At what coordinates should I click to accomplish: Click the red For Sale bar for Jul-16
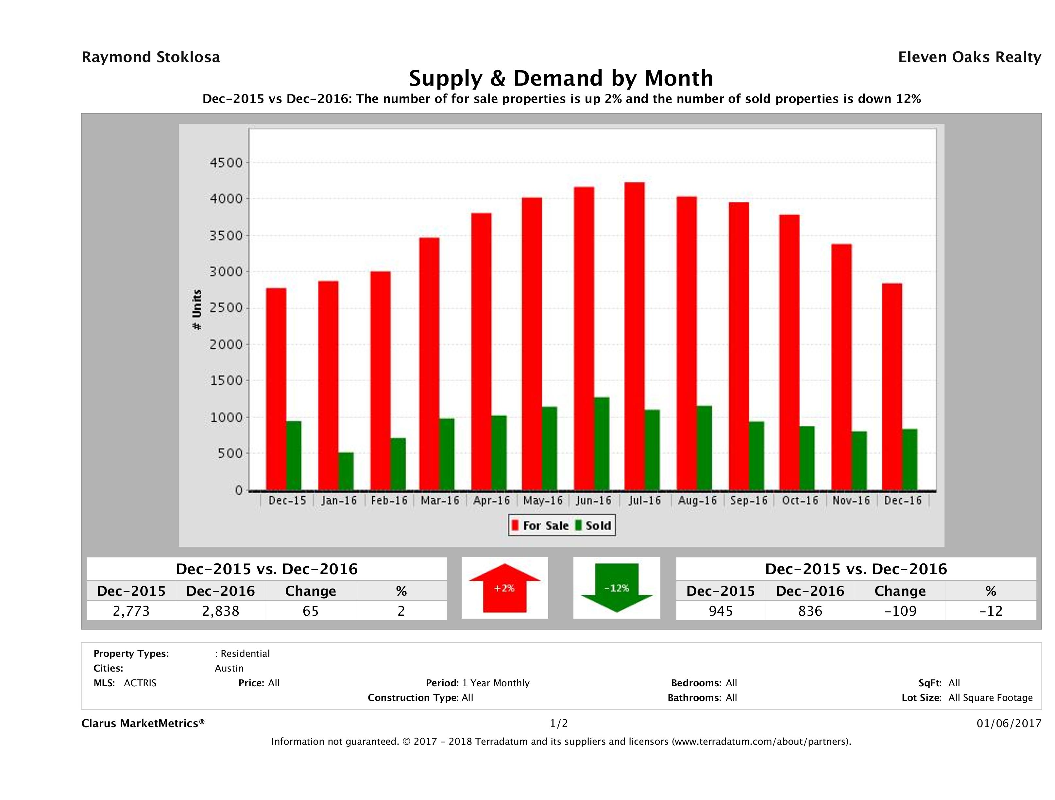click(634, 336)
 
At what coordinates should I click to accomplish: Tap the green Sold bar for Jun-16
click(602, 443)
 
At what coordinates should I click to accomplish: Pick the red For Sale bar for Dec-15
click(276, 389)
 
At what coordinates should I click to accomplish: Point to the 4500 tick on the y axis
click(227, 162)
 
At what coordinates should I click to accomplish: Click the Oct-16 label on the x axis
click(800, 501)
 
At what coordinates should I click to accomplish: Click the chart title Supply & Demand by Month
click(561, 78)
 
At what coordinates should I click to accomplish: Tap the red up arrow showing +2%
click(504, 588)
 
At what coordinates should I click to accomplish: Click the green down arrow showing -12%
click(617, 588)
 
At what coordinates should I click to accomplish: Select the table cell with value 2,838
click(220, 611)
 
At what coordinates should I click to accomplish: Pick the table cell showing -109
click(900, 611)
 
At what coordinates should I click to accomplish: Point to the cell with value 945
click(720, 611)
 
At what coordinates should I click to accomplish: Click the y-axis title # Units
click(196, 310)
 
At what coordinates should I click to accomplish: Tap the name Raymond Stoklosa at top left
click(151, 57)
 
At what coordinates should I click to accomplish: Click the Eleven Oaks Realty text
click(969, 57)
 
